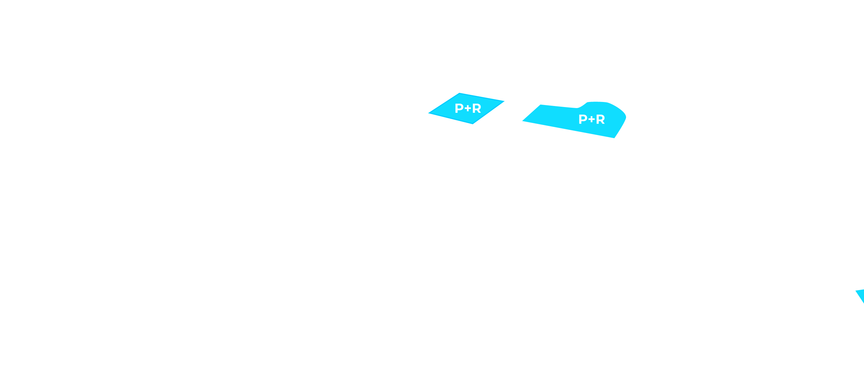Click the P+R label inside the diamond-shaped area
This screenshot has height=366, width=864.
click(468, 108)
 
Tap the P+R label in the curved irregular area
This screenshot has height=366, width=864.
click(592, 119)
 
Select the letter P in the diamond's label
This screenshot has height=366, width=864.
click(459, 108)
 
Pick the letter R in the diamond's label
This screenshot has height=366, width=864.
click(477, 108)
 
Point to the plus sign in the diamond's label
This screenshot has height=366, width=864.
click(468, 108)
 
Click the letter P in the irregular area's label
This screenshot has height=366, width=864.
click(583, 119)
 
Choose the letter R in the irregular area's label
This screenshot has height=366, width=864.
click(600, 119)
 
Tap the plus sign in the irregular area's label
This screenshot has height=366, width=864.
click(592, 119)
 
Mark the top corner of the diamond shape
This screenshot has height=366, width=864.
click(459, 93)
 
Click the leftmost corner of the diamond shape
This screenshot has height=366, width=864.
click(429, 113)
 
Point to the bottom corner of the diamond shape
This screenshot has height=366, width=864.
click(473, 124)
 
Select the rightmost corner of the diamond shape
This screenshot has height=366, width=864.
click(504, 101)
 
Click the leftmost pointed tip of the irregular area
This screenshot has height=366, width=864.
click(522, 121)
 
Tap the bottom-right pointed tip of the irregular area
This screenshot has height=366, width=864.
click(614, 138)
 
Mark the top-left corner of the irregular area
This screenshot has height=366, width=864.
click(541, 105)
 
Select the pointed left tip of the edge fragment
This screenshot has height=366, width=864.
click(856, 291)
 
